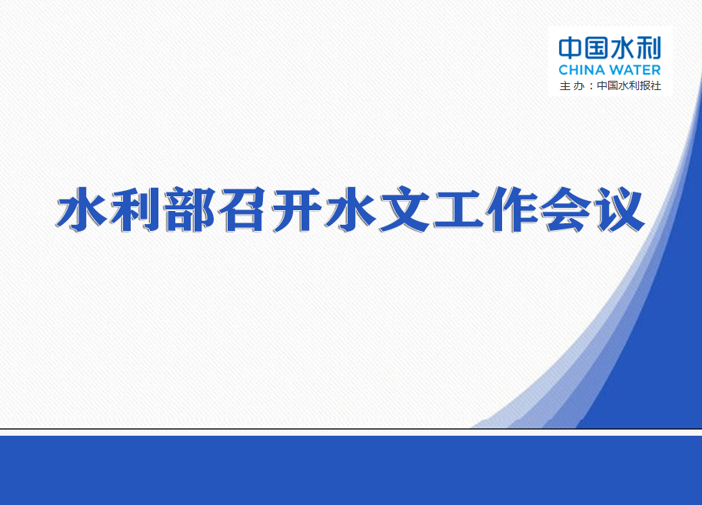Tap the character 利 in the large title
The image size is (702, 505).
tap(135, 209)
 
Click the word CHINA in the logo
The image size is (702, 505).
tap(581, 70)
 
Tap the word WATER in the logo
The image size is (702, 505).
tap(635, 70)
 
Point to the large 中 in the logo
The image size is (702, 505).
tap(570, 48)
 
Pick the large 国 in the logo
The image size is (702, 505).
tap(597, 48)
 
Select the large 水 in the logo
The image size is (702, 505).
tap(622, 48)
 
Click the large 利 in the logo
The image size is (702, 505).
tap(649, 48)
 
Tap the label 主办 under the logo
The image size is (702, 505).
tap(572, 85)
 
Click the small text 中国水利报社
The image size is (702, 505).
tap(629, 85)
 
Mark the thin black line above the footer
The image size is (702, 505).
tap(351, 429)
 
